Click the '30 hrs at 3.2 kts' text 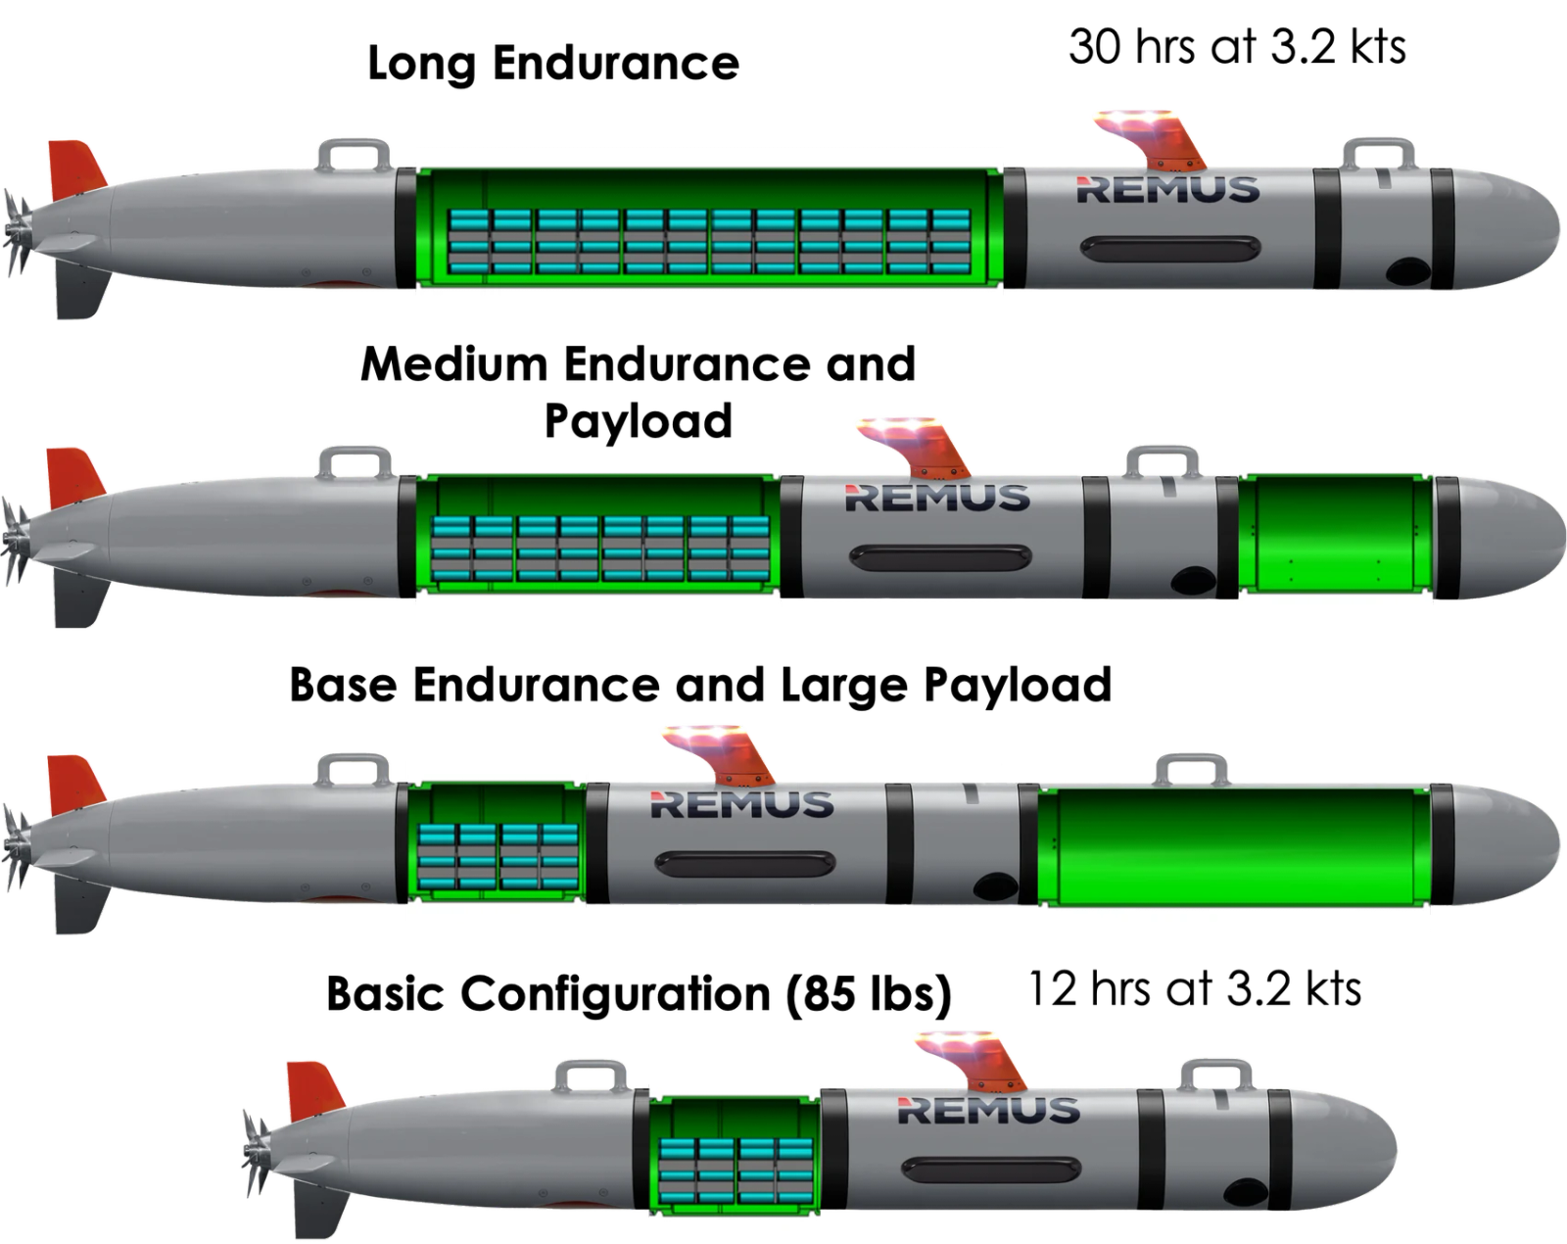point(1236,47)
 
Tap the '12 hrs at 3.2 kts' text point(1194,988)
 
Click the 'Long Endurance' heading point(553,64)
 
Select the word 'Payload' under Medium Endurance point(639,421)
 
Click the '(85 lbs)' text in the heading point(868,994)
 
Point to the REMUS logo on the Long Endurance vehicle point(1168,189)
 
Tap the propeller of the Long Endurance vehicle point(18,231)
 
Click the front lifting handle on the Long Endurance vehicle point(1378,155)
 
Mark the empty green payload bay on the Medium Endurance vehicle point(1336,538)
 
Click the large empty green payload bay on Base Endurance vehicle point(1233,845)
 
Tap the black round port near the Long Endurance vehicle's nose point(1409,271)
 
